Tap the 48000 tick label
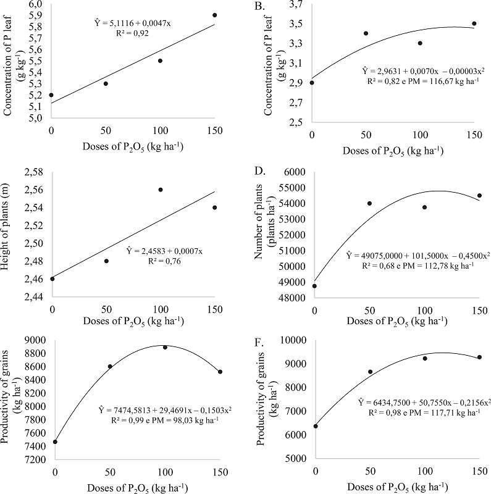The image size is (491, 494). [285, 298]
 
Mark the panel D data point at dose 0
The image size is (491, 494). [314, 286]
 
